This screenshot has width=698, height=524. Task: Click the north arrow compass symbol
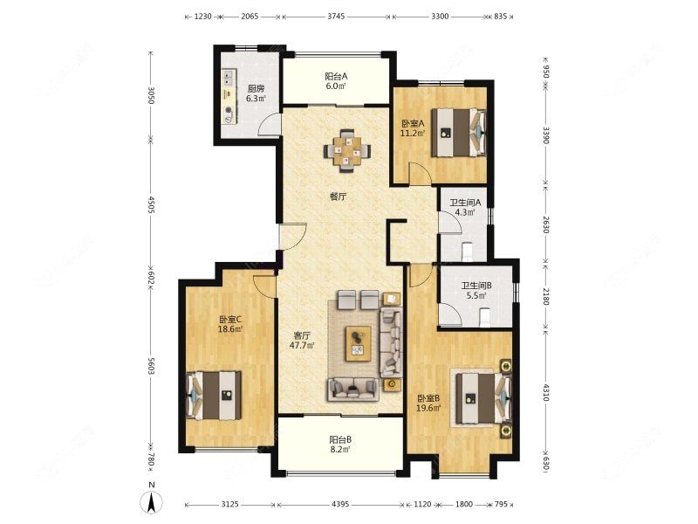[x=151, y=503]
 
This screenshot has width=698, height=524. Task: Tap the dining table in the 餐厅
[x=347, y=151]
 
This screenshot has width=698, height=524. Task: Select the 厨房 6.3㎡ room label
[x=256, y=93]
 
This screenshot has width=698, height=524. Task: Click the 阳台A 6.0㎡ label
[x=336, y=81]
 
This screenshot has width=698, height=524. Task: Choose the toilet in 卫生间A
[x=467, y=252]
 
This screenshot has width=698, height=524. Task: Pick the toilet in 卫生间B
[x=484, y=317]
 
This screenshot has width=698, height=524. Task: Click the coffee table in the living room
[x=359, y=343]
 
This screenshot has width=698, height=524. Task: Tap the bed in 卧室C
[x=214, y=396]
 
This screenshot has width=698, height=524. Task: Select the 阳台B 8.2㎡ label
[x=340, y=444]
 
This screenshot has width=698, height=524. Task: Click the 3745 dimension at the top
[x=336, y=17]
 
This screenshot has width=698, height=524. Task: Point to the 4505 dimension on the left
[x=150, y=204]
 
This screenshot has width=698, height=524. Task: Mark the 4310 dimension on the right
[x=546, y=392]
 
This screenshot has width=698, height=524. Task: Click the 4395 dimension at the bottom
[x=340, y=505]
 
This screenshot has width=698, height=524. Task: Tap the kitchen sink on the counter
[x=229, y=77]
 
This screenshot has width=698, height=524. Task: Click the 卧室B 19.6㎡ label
[x=428, y=403]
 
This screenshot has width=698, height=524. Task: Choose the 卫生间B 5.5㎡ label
[x=476, y=290]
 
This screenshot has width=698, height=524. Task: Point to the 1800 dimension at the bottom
[x=464, y=505]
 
